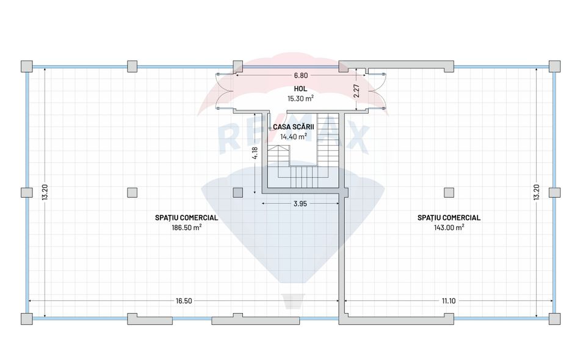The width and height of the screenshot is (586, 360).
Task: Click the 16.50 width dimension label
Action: click(x=184, y=301)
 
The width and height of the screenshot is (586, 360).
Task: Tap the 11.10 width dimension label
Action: click(x=449, y=301)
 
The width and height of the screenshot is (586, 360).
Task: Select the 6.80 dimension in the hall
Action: click(x=300, y=76)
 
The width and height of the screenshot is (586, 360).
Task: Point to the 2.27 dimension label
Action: click(x=356, y=91)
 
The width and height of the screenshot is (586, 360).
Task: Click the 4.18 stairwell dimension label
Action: click(x=255, y=153)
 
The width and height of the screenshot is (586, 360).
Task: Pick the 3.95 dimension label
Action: click(x=300, y=204)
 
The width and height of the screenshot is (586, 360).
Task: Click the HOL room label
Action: click(x=300, y=89)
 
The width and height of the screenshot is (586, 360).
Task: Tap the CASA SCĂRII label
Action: click(x=294, y=127)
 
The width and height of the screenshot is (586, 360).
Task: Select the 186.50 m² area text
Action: click(x=187, y=228)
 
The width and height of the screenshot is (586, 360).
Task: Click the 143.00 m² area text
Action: click(x=449, y=228)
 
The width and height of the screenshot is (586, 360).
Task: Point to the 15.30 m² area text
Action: click(x=300, y=99)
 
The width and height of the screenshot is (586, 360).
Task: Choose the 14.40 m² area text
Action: click(x=294, y=137)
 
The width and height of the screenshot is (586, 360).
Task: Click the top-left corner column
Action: click(x=26, y=67)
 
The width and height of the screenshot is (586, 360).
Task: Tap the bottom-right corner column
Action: click(x=555, y=319)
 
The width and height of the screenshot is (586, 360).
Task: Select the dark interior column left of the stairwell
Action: click(x=238, y=193)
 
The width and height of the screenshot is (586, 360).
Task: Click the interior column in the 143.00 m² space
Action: click(x=449, y=193)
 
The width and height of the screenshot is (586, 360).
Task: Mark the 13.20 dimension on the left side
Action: click(x=45, y=192)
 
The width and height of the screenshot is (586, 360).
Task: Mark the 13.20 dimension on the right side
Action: click(x=537, y=192)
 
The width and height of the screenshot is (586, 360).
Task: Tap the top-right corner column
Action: click(x=555, y=67)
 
